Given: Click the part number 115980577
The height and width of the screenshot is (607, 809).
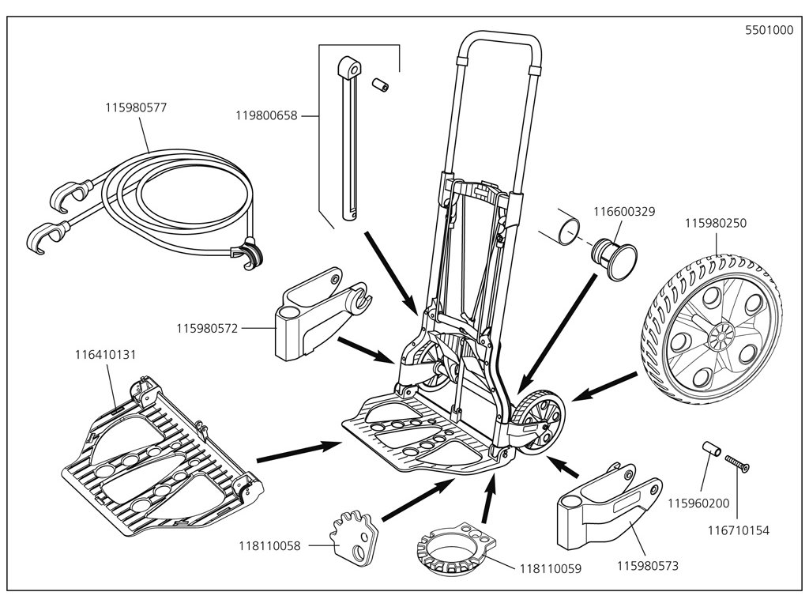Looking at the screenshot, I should click(137, 107).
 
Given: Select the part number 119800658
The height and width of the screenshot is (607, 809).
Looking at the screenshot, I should click(265, 115).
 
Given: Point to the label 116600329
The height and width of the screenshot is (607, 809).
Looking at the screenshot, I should click(624, 211).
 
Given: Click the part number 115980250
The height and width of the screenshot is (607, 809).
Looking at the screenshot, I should click(716, 224).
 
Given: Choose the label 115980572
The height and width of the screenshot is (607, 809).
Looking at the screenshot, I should click(208, 327).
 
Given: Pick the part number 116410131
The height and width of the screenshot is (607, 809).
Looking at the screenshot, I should click(106, 355).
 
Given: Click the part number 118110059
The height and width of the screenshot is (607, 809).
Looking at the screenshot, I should click(551, 568).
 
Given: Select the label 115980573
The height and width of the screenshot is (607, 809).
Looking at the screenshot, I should click(647, 566).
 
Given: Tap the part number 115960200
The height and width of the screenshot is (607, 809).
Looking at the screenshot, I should click(698, 503).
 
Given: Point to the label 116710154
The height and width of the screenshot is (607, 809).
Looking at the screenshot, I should click(739, 531).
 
